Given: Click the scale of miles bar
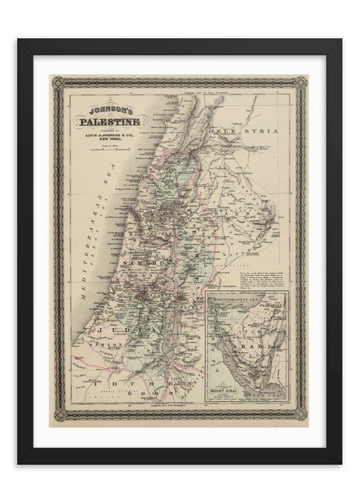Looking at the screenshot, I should click(x=99, y=148).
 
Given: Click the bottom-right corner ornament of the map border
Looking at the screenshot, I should click(x=301, y=413).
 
